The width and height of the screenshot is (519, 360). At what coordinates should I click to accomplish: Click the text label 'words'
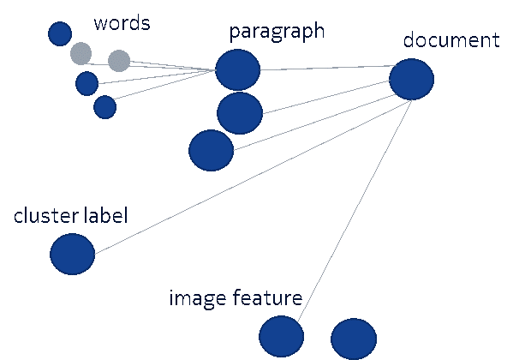point(122,23)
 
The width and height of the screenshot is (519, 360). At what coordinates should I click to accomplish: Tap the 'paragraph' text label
point(277,32)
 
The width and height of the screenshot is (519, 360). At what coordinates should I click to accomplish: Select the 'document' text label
point(450,40)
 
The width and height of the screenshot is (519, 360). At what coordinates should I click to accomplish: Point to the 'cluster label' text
point(70,215)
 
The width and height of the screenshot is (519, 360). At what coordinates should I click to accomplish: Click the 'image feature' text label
point(236,298)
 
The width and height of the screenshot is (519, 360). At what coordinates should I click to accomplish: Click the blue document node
point(411,79)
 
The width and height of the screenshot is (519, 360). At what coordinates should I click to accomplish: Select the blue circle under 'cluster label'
point(72,254)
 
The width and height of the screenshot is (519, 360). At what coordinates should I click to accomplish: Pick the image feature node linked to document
point(281,336)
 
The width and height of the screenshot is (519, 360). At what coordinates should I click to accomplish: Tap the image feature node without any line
point(353,338)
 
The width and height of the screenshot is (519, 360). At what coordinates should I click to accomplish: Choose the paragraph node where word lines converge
point(237,69)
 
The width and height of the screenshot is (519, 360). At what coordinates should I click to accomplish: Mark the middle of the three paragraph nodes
point(239,113)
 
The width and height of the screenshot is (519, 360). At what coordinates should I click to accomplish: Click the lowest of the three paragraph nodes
point(211,150)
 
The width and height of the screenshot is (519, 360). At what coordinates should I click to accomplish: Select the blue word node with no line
point(60,33)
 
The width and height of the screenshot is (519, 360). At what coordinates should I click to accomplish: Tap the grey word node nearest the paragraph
point(119,61)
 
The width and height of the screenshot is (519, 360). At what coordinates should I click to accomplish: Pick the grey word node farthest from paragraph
point(81,54)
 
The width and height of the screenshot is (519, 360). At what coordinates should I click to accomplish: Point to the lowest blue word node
point(104,107)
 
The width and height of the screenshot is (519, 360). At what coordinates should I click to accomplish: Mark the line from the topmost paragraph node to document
point(325,68)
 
